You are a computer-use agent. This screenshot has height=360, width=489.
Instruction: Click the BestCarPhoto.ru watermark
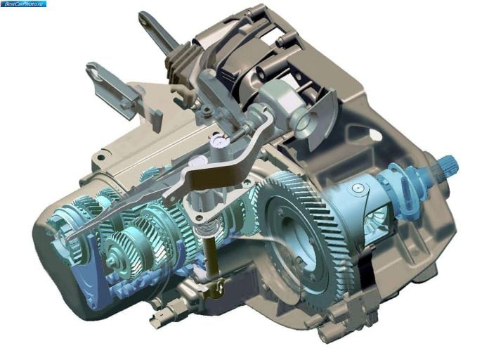point(24,4)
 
